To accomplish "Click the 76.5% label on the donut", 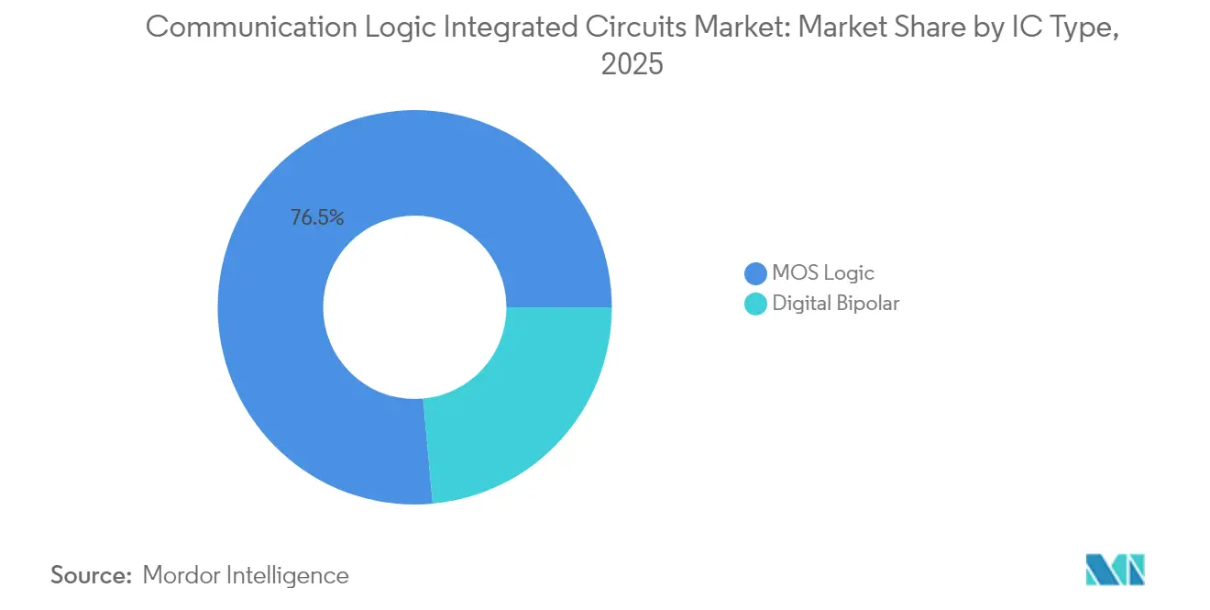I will click(317, 218).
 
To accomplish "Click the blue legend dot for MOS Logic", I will click(755, 273).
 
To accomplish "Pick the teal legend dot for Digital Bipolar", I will click(755, 304).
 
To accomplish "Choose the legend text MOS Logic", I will click(823, 273).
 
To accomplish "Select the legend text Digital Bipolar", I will click(836, 304).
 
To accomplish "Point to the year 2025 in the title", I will click(632, 65).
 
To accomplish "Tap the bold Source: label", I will click(92, 575).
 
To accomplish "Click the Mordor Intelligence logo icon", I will click(1115, 571).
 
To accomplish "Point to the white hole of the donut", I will click(414, 307).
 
